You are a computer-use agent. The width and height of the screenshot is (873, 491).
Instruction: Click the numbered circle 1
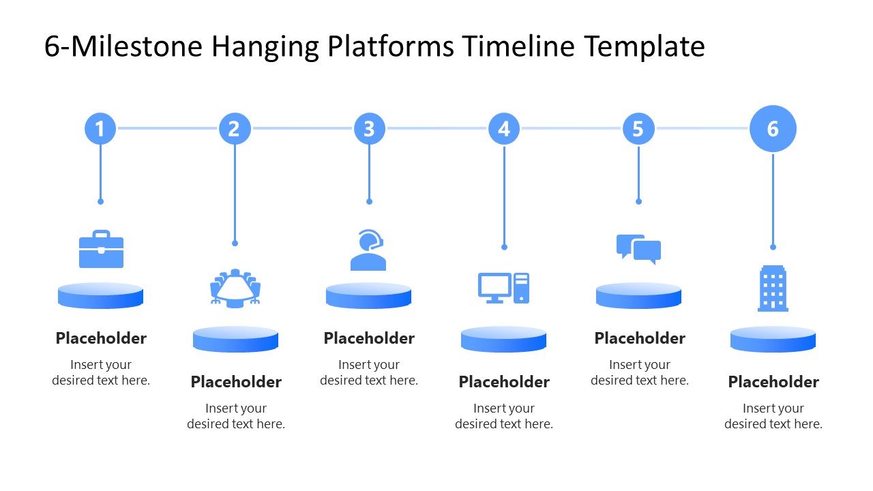100,128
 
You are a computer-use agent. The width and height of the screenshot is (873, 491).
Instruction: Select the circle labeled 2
235,128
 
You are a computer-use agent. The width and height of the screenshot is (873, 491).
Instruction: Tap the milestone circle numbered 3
369,128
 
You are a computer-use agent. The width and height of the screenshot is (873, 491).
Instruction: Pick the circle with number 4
504,128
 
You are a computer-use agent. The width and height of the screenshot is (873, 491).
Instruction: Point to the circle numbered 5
638,128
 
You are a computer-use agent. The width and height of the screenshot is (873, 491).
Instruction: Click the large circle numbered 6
773,128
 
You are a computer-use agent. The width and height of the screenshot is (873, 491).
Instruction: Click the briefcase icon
101,250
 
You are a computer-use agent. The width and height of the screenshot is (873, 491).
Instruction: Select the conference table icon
235,287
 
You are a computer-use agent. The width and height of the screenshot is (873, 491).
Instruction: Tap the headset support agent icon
368,250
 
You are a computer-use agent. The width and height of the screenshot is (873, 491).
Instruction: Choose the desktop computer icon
503,288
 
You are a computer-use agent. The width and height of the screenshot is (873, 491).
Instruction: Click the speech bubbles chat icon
638,249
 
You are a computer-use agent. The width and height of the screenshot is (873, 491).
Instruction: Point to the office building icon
773,288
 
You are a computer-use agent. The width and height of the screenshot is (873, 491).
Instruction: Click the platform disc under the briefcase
101,295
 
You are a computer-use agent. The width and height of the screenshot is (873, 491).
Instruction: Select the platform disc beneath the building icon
773,339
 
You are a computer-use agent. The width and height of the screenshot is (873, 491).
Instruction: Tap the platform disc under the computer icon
503,339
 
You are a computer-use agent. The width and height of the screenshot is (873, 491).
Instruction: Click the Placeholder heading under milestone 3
369,338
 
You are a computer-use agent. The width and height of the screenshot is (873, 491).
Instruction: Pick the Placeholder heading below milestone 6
773,382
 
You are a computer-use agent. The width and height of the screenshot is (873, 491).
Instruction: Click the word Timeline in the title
519,47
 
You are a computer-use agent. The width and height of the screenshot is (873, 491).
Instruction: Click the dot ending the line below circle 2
235,243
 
